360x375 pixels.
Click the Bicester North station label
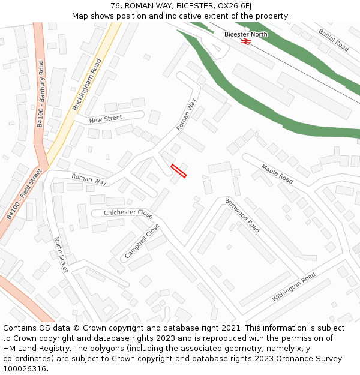[246, 34]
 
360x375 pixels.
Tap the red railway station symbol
[245, 41]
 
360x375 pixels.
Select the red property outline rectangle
[178, 170]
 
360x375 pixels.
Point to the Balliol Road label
[334, 40]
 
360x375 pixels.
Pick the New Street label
[106, 119]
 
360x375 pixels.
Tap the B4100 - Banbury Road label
[40, 93]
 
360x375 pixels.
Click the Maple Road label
[277, 174]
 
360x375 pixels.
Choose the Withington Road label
[293, 287]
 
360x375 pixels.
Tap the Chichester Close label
[128, 213]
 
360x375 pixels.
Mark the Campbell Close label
[142, 242]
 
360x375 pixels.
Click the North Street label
[61, 255]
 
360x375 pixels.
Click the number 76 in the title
[116, 6]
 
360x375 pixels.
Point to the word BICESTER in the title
[194, 6]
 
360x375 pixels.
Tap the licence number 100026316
[25, 368]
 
